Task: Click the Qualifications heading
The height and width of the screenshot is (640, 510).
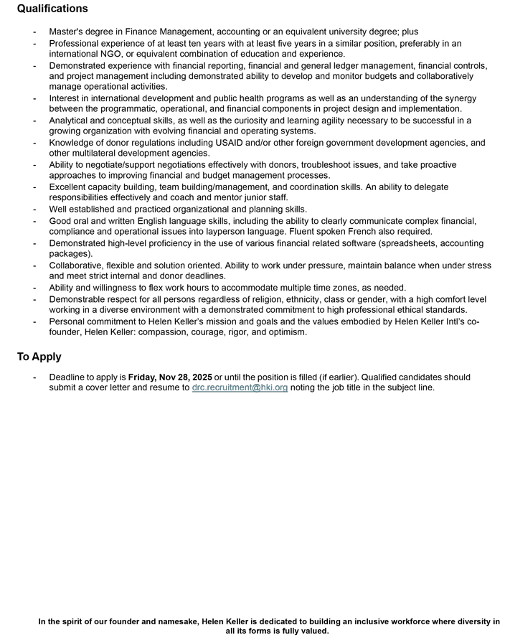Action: pyautogui.click(x=52, y=9)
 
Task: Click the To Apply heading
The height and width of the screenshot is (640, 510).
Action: pyautogui.click(x=39, y=357)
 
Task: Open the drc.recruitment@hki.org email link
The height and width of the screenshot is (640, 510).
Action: pyautogui.click(x=240, y=387)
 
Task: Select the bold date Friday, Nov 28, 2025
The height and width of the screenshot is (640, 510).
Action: pyautogui.click(x=170, y=377)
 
